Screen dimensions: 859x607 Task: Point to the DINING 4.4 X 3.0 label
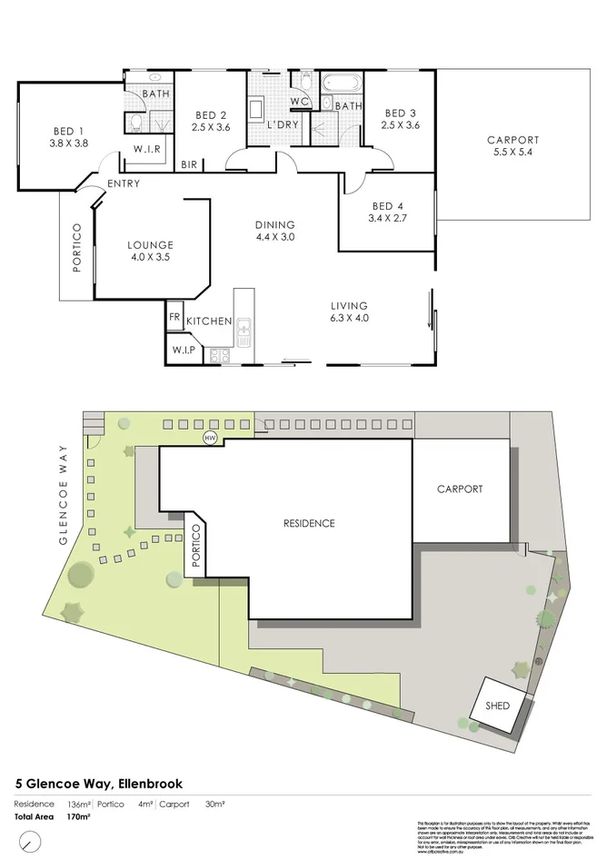click(275, 232)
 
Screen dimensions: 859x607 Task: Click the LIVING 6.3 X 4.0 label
click(349, 311)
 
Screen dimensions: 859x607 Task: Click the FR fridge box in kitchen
click(174, 319)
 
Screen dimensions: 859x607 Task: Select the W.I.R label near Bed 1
click(147, 149)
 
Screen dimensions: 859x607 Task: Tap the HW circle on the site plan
click(211, 439)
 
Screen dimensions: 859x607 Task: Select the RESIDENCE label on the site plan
click(309, 523)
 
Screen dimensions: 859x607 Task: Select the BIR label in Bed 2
click(189, 164)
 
